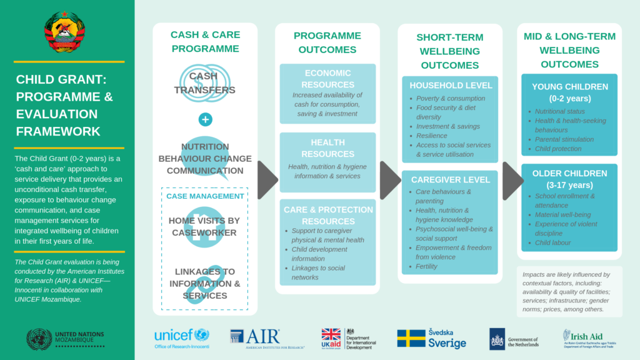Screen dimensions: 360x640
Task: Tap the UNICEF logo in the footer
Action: click(x=182, y=337)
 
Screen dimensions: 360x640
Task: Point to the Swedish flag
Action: click(x=411, y=338)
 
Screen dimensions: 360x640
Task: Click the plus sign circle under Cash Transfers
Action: click(x=205, y=119)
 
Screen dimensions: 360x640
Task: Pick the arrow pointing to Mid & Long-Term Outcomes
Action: click(x=512, y=180)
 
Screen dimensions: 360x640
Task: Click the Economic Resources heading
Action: click(x=327, y=79)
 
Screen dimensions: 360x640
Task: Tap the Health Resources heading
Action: click(x=327, y=147)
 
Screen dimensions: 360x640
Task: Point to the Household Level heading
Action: click(x=449, y=85)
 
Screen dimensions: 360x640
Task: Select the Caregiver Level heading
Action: click(x=449, y=179)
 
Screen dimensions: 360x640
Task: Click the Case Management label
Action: click(x=205, y=196)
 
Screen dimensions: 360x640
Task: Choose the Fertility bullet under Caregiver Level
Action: click(x=427, y=266)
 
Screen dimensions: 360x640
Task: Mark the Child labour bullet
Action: click(x=552, y=242)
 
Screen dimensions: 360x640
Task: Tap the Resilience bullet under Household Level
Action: click(x=432, y=136)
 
